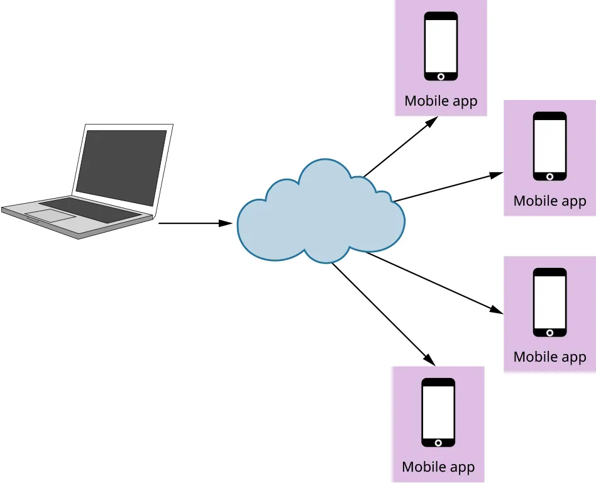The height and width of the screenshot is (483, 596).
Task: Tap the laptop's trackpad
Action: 50,215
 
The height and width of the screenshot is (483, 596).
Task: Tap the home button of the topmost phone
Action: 441,76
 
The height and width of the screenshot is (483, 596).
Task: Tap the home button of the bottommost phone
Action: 438,442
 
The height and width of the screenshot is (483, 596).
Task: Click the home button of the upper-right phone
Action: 549,176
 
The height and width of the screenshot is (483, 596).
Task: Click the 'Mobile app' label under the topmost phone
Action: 441,101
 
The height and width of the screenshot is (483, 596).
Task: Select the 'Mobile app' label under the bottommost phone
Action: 438,467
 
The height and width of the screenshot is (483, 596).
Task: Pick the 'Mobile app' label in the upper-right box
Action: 549,201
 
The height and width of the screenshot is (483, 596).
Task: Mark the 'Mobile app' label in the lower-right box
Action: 549,357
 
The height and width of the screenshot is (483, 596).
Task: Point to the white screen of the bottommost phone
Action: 438,412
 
